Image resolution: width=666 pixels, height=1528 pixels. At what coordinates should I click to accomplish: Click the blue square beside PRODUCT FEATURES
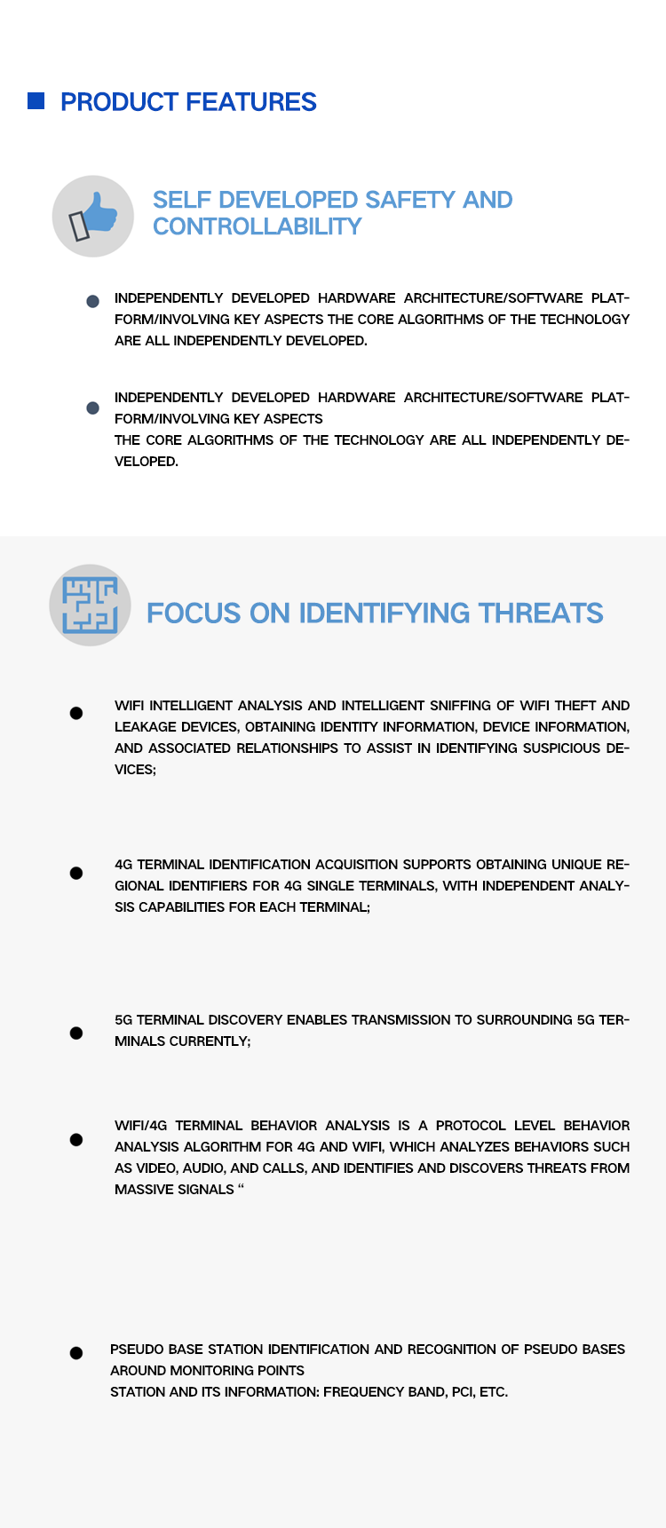pos(36,101)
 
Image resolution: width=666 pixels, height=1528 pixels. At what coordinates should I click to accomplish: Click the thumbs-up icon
pos(94,216)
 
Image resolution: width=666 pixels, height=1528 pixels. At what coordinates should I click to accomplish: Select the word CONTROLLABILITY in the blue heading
pos(257,227)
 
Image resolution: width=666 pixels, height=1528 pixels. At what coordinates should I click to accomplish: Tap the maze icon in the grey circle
pos(90,605)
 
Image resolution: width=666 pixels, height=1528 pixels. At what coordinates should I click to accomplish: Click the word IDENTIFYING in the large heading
pos(385,614)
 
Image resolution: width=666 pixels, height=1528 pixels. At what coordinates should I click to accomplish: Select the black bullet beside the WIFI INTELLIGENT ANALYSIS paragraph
pos(76,713)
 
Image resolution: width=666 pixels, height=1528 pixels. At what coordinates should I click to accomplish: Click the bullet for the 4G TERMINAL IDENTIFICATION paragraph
pos(76,873)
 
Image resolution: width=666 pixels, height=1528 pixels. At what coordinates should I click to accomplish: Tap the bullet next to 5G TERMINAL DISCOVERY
pos(76,1033)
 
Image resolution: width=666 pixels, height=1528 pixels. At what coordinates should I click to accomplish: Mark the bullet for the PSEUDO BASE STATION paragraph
pos(76,1352)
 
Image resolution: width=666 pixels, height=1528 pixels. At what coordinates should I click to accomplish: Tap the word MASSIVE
pos(143,1190)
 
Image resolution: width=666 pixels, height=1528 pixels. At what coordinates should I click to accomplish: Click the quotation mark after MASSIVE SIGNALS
pos(241,1187)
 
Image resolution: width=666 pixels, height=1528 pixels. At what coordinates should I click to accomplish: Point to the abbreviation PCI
pos(463,1392)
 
